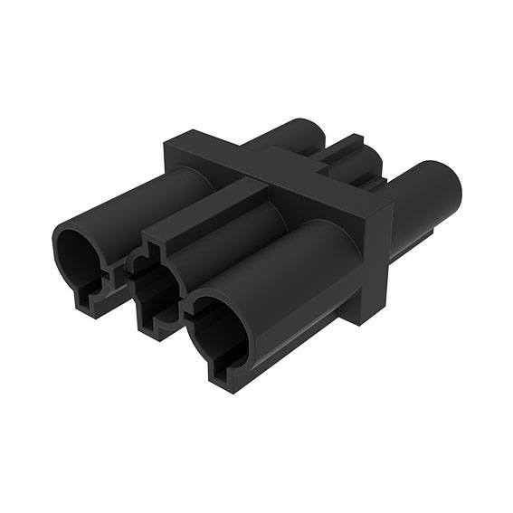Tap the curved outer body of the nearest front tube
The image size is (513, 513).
290,271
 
